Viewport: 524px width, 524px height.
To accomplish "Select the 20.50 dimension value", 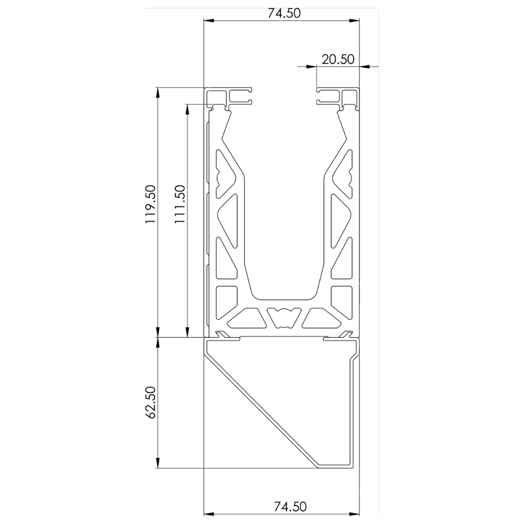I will click(338, 59).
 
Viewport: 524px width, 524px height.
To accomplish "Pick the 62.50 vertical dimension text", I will click(150, 402).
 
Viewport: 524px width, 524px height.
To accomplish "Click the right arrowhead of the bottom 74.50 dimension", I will click(355, 514).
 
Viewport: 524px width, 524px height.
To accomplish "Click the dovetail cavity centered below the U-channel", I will click(283, 316).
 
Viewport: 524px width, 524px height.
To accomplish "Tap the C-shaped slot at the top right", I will click(328, 97).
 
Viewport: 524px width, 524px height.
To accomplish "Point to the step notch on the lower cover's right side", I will click(354, 357).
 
